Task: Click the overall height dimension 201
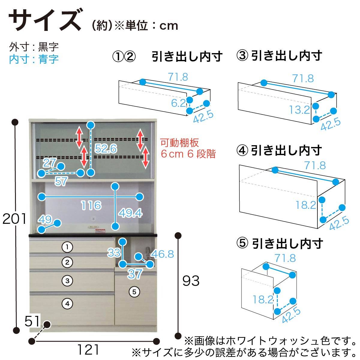(x=14, y=219)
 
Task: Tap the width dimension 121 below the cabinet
(x=88, y=349)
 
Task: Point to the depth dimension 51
(x=32, y=321)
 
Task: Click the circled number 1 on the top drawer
(x=67, y=247)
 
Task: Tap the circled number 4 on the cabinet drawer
(x=67, y=304)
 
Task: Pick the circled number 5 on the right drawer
(x=134, y=292)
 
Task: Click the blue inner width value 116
(x=91, y=205)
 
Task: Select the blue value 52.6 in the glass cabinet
(x=106, y=148)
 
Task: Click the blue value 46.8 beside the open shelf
(x=163, y=254)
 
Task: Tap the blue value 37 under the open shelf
(x=135, y=274)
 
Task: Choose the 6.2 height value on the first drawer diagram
(x=178, y=103)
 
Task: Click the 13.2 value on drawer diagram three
(x=299, y=110)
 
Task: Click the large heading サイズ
(x=46, y=20)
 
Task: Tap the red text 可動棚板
(x=179, y=143)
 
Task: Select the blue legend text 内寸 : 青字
(x=34, y=59)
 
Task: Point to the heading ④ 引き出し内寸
(x=279, y=151)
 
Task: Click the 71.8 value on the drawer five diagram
(x=285, y=258)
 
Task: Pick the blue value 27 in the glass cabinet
(x=49, y=163)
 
